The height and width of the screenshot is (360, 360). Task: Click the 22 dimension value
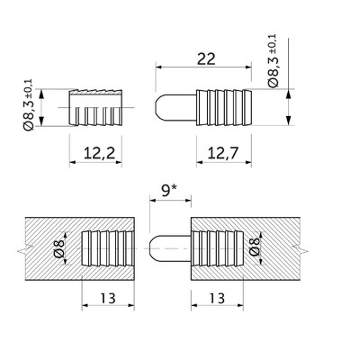click(x=206, y=58)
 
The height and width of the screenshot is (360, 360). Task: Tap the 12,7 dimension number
click(x=223, y=153)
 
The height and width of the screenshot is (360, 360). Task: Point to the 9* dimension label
click(x=169, y=191)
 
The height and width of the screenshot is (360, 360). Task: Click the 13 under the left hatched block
click(x=108, y=298)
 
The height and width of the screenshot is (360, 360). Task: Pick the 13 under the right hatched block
click(x=217, y=298)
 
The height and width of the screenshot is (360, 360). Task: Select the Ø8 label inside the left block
click(x=59, y=248)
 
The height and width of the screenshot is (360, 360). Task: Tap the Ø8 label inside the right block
click(x=255, y=247)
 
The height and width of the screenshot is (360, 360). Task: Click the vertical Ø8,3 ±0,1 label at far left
click(x=29, y=105)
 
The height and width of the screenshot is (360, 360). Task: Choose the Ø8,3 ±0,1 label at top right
click(x=273, y=61)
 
